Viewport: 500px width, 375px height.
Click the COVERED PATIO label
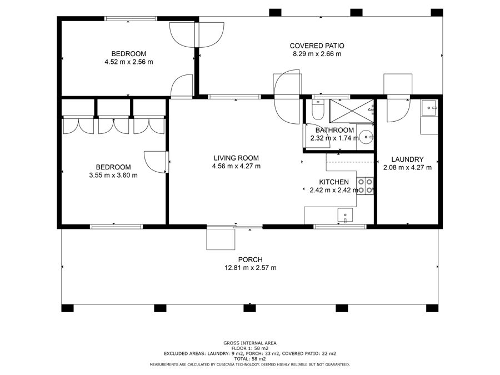(x=317, y=46)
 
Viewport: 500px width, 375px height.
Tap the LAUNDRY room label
(x=407, y=159)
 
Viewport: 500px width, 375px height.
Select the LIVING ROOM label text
(x=236, y=158)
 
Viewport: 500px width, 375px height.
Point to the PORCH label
(x=251, y=260)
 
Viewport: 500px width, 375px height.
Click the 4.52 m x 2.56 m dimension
(x=129, y=62)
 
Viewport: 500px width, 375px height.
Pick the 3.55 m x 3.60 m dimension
(x=113, y=175)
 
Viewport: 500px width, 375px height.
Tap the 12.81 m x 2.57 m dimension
(x=251, y=268)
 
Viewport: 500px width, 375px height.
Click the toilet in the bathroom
(x=318, y=110)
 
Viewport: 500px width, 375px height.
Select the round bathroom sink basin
(x=366, y=138)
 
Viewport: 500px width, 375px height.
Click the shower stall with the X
(x=351, y=111)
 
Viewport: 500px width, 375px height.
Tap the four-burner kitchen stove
(x=365, y=186)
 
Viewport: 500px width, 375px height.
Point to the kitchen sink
(x=345, y=215)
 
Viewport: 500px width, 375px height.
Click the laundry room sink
(x=429, y=108)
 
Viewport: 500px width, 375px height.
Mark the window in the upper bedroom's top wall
(x=131, y=19)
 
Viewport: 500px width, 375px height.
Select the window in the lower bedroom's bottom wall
(x=116, y=227)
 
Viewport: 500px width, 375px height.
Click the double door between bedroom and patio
(x=197, y=35)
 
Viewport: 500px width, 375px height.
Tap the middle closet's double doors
(x=113, y=126)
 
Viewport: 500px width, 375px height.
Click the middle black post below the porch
(x=249, y=308)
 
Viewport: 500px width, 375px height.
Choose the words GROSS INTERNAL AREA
(x=250, y=343)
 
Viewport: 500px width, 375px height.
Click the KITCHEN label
(x=334, y=182)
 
